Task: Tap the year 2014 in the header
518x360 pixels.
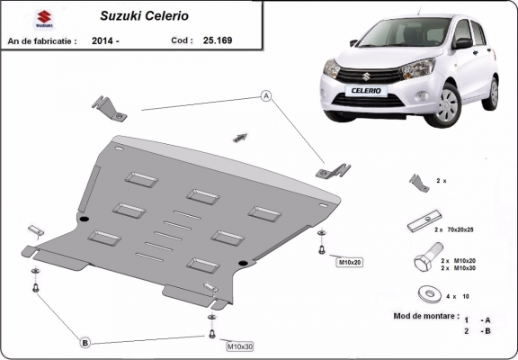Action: pos(103,40)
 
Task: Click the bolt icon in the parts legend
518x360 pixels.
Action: pos(421,263)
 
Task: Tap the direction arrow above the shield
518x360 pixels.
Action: pos(239,137)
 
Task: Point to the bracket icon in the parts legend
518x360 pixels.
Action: pos(419,183)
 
